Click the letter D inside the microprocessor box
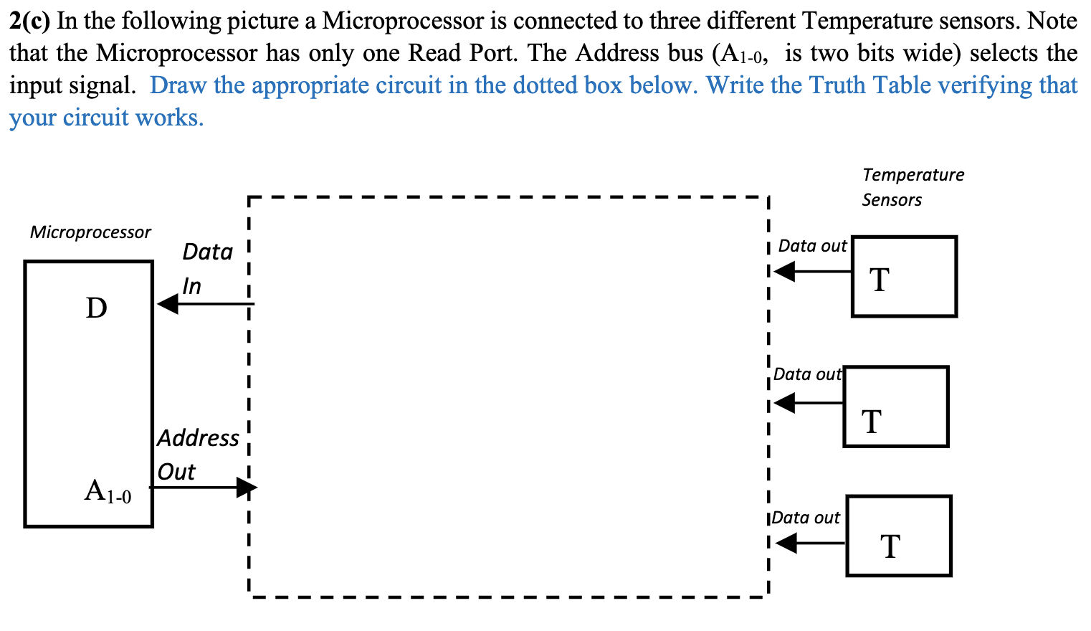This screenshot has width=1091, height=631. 96,308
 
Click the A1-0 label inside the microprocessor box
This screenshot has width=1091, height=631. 108,492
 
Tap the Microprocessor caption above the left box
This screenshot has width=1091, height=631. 90,232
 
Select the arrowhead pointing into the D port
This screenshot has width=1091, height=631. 168,304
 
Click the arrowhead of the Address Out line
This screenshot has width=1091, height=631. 247,488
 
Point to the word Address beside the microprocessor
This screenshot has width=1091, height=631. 199,438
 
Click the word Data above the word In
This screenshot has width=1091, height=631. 208,252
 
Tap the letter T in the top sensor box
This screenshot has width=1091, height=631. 880,280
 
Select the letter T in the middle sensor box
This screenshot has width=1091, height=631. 872,422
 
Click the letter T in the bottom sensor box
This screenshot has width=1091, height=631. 890,546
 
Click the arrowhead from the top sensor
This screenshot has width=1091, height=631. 785,272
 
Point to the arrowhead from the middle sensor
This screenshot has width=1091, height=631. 785,403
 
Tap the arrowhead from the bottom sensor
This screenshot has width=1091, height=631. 786,544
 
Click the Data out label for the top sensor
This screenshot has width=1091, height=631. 812,246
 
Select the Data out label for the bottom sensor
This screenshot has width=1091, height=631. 806,518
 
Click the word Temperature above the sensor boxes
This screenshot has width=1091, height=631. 913,175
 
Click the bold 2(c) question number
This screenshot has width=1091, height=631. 30,22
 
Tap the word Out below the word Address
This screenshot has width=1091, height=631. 176,472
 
